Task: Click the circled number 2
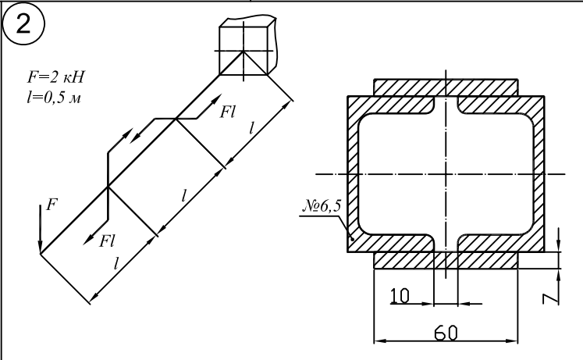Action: click(23, 23)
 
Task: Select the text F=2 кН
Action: click(55, 77)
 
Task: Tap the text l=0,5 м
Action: click(54, 97)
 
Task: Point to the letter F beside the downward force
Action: click(52, 205)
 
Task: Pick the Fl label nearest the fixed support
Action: click(227, 112)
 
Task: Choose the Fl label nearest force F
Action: click(107, 241)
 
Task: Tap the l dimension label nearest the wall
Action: click(251, 128)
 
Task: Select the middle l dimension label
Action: click(183, 195)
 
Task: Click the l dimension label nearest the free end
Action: click(116, 264)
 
